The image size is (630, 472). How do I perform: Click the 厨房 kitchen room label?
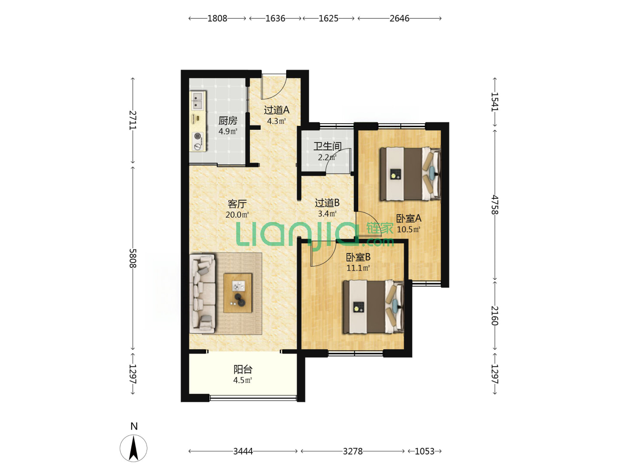pyautogui.click(x=227, y=121)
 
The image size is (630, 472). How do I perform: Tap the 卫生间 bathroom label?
pyautogui.click(x=327, y=146)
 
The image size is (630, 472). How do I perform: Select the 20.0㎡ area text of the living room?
pyautogui.click(x=237, y=215)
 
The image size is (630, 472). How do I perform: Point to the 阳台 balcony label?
pyautogui.click(x=243, y=369)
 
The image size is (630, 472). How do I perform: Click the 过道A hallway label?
pyautogui.click(x=276, y=110)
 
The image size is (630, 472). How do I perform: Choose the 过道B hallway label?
pyautogui.click(x=327, y=203)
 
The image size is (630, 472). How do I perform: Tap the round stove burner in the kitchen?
pyautogui.click(x=197, y=136)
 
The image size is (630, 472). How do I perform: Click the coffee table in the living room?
pyautogui.click(x=238, y=293)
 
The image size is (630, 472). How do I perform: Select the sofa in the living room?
pyautogui.click(x=203, y=293)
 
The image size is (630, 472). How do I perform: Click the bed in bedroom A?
pyautogui.click(x=410, y=174)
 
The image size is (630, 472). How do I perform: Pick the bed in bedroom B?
pyautogui.click(x=374, y=307)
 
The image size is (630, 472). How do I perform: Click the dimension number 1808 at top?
pyautogui.click(x=217, y=18)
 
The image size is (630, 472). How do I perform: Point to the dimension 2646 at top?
pyautogui.click(x=399, y=18)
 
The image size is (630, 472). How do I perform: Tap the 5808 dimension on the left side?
pyautogui.click(x=132, y=258)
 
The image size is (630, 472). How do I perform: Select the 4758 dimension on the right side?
pyautogui.click(x=494, y=205)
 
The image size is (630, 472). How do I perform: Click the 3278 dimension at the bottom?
pyautogui.click(x=353, y=451)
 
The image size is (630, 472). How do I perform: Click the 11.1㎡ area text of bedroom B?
pyautogui.click(x=358, y=268)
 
